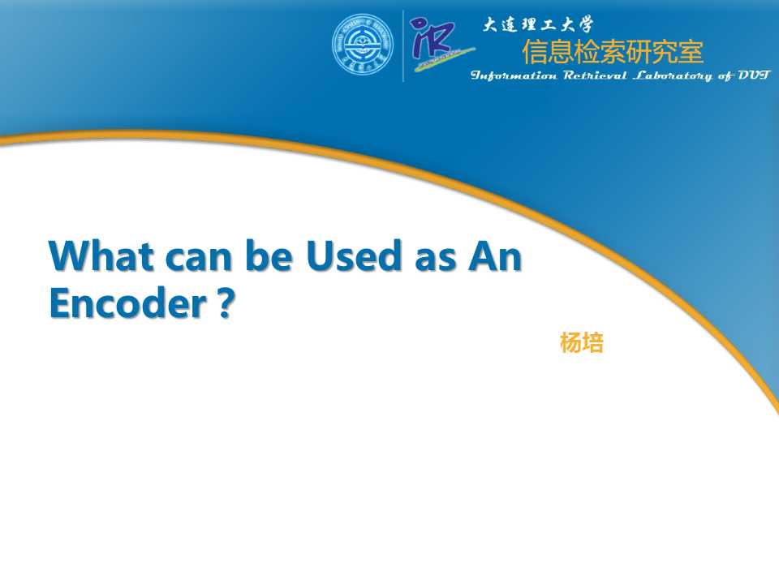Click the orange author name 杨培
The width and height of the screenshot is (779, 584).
[x=582, y=343]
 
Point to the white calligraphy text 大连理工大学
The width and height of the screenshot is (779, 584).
[x=538, y=24]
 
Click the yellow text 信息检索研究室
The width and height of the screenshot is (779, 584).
[x=613, y=52]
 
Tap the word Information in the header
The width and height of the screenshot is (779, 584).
[x=514, y=76]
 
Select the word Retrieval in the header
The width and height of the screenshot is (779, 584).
[x=594, y=76]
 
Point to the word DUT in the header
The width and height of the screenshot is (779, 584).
[x=754, y=76]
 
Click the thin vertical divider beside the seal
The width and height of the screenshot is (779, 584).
[x=403, y=45]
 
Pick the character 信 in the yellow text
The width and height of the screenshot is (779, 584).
[x=535, y=52]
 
